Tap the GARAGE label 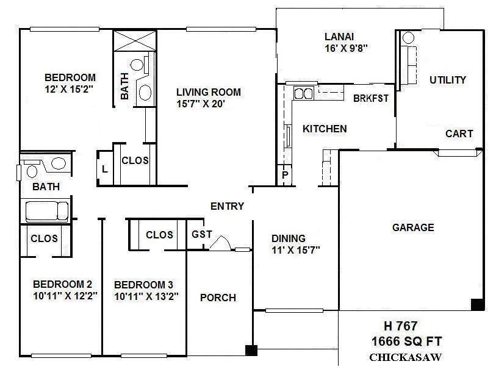point(413,227)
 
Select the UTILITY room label point(447,80)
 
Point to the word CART point(459,134)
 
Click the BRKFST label point(370,98)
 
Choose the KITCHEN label point(325,129)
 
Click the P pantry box point(284,174)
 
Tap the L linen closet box point(105,170)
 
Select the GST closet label point(201,234)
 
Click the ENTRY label point(227,206)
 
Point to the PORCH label point(218,298)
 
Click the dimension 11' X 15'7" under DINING point(295,249)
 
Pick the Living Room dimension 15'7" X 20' point(208,104)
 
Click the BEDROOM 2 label point(62,284)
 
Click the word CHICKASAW point(405,358)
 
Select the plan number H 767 point(400,326)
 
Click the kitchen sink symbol point(303,93)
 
